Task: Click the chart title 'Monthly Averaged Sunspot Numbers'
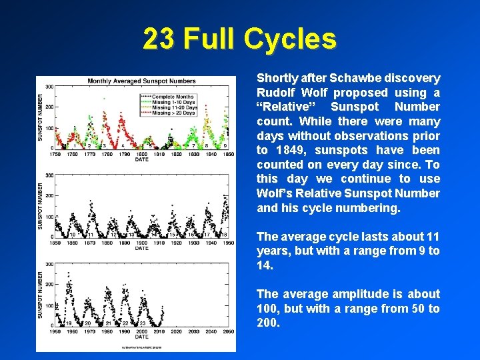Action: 141,81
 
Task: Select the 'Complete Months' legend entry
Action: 173,97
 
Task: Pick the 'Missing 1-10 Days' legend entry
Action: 174,102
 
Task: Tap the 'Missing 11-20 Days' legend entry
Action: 174,107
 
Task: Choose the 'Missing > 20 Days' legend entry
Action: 174,113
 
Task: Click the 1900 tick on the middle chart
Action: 142,243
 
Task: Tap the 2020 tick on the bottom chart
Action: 176,331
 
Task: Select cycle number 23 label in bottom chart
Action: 143,323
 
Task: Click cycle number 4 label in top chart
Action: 123,145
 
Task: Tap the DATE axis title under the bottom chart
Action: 142,337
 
